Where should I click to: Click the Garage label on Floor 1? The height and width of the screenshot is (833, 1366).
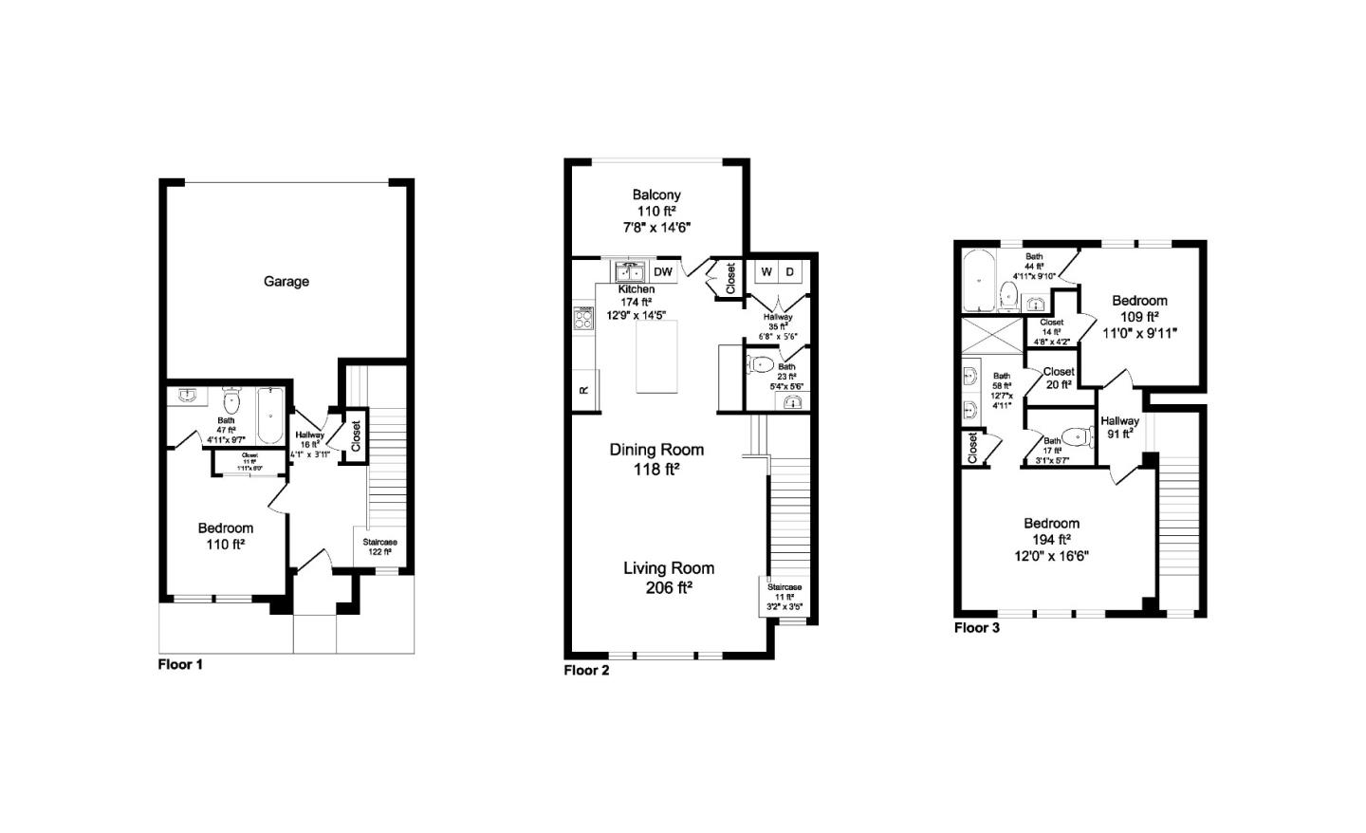pos(286,282)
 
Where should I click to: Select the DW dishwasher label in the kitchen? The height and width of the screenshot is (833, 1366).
pos(662,272)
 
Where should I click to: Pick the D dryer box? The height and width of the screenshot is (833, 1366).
pos(789,272)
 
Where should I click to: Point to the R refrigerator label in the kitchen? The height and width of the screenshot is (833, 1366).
pos(584,390)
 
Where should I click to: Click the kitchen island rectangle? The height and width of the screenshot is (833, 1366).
pos(656,357)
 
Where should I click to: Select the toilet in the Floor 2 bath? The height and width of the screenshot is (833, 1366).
pos(761,363)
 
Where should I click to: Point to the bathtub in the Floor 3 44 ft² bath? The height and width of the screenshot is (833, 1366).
pos(977,280)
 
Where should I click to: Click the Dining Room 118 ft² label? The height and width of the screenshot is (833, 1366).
pos(656,458)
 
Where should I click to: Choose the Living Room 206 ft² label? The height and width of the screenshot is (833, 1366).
pos(669,577)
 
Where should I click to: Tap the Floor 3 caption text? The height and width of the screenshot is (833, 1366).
pos(976,628)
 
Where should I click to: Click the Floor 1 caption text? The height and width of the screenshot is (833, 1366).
pos(180,665)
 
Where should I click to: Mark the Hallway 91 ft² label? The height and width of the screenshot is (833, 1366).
pos(1119,428)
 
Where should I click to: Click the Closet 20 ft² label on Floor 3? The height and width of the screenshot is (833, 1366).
pos(1059,378)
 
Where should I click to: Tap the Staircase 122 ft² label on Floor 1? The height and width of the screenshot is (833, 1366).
pos(379,546)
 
